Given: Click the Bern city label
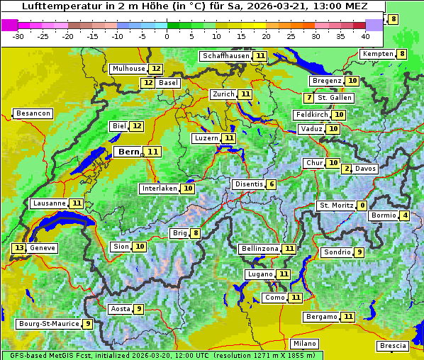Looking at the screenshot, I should click(x=129, y=152).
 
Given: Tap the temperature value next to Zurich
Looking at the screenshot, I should click(x=245, y=94).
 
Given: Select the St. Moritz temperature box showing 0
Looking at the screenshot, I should click(x=362, y=206).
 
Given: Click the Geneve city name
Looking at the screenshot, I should click(x=43, y=248).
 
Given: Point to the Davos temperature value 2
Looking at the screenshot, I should click(x=347, y=169).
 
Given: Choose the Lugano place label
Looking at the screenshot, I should click(x=259, y=274).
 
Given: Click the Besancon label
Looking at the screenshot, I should click(x=33, y=113).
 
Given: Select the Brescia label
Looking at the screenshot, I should click(x=393, y=346).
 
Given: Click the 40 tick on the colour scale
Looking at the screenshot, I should click(x=365, y=36).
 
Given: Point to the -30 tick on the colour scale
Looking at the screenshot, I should click(x=18, y=36).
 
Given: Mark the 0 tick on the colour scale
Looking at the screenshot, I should click(x=167, y=36).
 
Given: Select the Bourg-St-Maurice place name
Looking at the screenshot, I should click(x=48, y=324).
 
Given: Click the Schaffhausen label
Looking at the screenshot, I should click(x=225, y=56).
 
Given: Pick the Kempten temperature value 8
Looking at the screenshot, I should click(x=401, y=54).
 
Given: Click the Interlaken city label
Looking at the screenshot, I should click(x=159, y=189).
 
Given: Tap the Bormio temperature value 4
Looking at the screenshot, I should click(x=404, y=215).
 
